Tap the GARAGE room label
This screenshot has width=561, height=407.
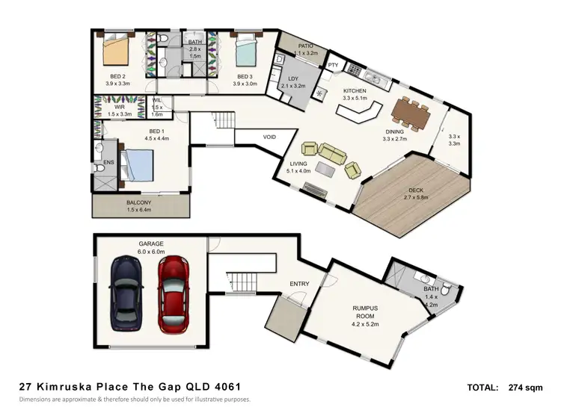coord(150,243)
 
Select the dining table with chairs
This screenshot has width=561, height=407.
coord(411,114)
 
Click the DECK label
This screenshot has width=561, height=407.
coord(416,190)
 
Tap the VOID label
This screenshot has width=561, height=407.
coord(270,137)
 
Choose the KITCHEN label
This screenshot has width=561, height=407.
coord(355,90)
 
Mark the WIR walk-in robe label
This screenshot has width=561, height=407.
coord(118,107)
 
